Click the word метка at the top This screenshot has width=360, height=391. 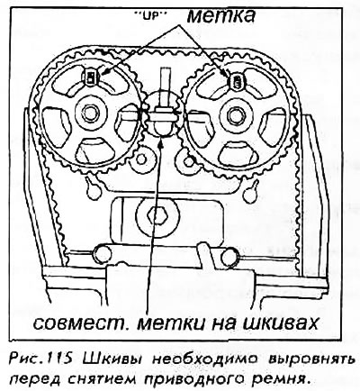click(221, 15)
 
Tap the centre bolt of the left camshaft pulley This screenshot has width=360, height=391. click(88, 113)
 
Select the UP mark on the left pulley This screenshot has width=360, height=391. click(90, 77)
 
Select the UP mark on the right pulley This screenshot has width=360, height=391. click(238, 81)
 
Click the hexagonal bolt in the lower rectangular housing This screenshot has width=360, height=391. click(155, 215)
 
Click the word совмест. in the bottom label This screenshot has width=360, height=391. click(82, 323)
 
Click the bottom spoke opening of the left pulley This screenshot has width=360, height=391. click(94, 150)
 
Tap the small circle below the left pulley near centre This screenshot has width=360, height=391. click(140, 160)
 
